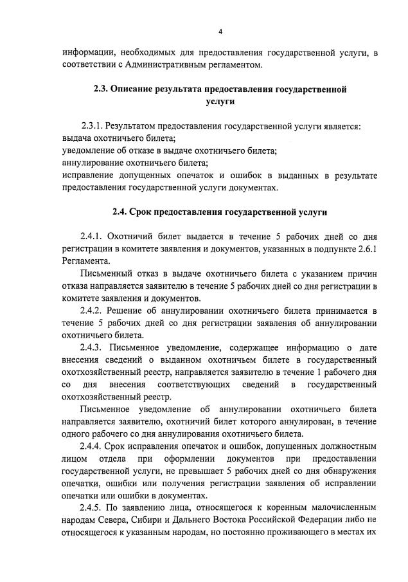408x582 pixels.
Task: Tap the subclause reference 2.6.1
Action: (x=366, y=250)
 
